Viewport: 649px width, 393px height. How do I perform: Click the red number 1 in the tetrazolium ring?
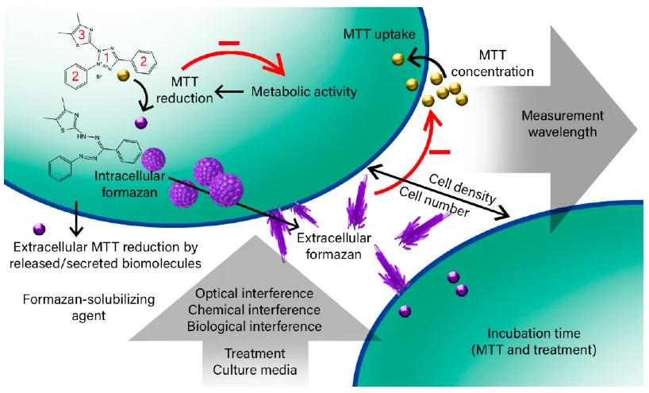pos(112,49)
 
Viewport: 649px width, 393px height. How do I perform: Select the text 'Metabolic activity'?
pos(304,91)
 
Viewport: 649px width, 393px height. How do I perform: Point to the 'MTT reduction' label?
pos(191,90)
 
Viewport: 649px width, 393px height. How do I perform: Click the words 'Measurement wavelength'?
pos(559,124)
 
